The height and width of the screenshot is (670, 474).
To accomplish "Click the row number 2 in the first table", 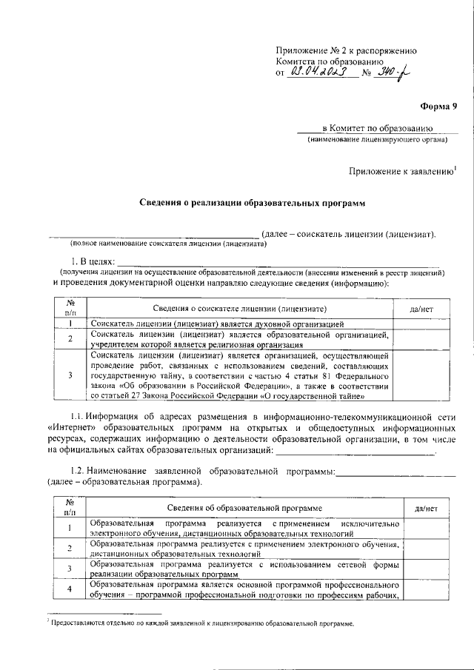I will pyautogui.click(x=69, y=339).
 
